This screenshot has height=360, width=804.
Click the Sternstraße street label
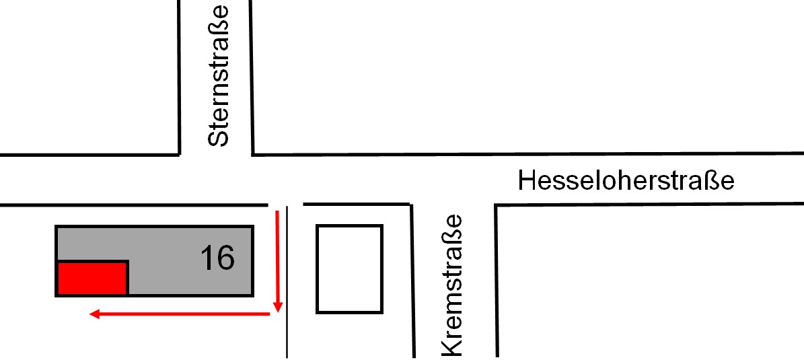(219, 76)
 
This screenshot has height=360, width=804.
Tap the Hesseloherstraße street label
(626, 180)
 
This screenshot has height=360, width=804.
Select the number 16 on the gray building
(217, 257)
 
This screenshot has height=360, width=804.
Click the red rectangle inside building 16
(92, 278)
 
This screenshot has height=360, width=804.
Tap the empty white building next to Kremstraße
(349, 268)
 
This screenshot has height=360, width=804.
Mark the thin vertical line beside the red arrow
(288, 283)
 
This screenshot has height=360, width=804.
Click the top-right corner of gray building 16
(252, 226)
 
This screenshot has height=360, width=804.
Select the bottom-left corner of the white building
(318, 312)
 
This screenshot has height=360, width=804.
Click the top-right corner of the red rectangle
(127, 262)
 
